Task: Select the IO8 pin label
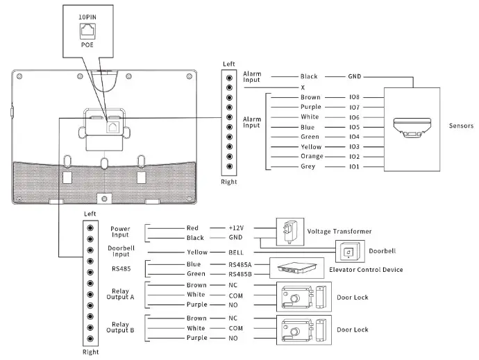[354, 98]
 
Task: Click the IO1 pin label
[354, 167]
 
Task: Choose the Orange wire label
[310, 157]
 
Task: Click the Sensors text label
[461, 126]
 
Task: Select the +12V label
[237, 228]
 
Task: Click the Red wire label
[192, 228]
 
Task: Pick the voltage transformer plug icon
[287, 231]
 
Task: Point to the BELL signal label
[236, 253]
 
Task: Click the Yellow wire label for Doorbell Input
[196, 253]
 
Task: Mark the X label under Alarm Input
[303, 87]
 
